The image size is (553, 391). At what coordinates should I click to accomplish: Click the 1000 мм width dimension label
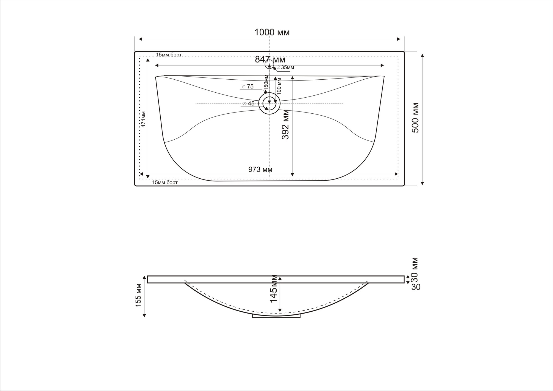tap(272, 33)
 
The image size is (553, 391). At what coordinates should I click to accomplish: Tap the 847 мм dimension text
tap(270, 59)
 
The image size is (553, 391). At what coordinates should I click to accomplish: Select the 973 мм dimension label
tap(260, 170)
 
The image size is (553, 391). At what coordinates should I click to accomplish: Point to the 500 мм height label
tap(415, 118)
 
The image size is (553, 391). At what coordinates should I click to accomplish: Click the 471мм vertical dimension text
tap(143, 119)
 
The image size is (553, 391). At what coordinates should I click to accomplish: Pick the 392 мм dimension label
tap(285, 124)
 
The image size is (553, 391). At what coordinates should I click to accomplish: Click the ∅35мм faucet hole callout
tap(285, 67)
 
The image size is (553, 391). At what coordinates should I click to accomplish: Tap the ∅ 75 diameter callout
tap(248, 87)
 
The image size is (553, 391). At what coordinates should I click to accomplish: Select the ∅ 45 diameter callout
tap(249, 103)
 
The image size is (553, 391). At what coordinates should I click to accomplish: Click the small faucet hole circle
tap(269, 65)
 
